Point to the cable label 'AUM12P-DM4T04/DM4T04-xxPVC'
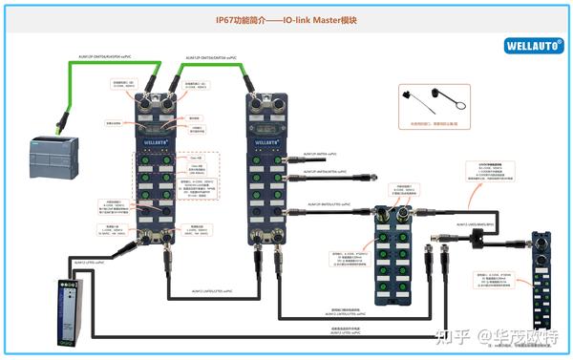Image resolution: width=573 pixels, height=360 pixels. coord(204,57)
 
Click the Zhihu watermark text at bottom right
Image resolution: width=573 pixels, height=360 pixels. coord(497,336)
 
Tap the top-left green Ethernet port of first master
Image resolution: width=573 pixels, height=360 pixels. coord(140,103)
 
